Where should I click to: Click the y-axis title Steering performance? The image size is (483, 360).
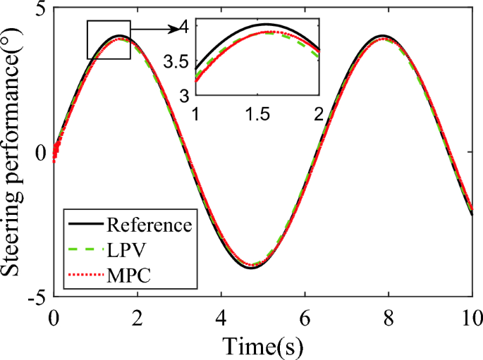coord(16,151)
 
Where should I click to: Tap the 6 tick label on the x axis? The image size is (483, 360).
coord(305,318)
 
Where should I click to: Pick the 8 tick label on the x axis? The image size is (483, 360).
coord(389,318)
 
